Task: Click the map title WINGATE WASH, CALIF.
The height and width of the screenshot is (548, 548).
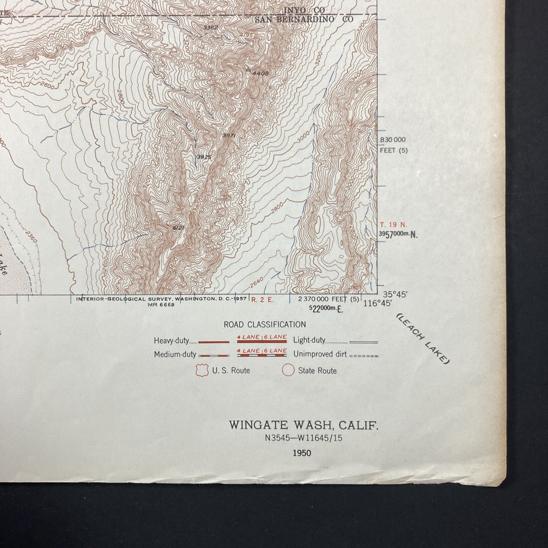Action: pyautogui.click(x=304, y=425)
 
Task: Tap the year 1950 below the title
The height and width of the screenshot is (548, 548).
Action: pyautogui.click(x=301, y=453)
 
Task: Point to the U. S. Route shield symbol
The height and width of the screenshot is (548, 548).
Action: pyautogui.click(x=200, y=370)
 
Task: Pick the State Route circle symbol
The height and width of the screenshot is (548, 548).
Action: pyautogui.click(x=288, y=370)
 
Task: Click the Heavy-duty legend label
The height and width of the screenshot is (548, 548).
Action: pyautogui.click(x=171, y=341)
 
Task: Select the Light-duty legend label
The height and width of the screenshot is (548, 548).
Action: pyautogui.click(x=309, y=340)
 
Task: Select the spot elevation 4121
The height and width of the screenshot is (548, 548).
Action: pyautogui.click(x=179, y=228)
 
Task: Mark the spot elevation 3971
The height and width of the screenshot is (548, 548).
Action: pyautogui.click(x=229, y=135)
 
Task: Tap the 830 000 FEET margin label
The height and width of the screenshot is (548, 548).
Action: pyautogui.click(x=393, y=139)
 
